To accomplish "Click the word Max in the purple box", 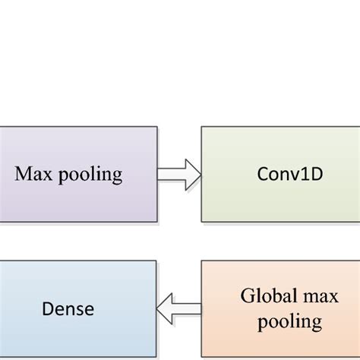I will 34,174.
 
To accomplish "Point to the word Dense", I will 69,308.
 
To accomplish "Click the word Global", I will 260,296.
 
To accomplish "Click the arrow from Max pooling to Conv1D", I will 178,175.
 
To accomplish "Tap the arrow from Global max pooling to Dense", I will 178,308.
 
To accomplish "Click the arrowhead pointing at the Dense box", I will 163,308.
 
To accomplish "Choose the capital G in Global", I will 245,296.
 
